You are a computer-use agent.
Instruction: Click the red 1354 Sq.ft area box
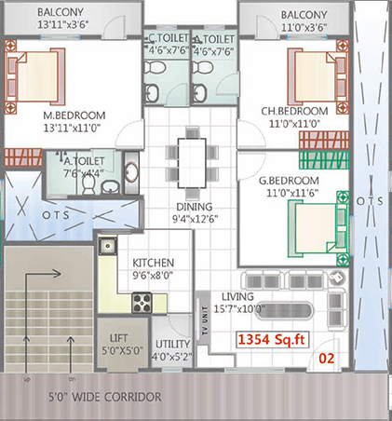pos(273,340)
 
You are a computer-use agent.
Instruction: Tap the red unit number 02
pos(327,359)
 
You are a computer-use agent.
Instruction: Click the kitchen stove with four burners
pos(142,303)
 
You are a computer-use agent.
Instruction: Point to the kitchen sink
pos(108,246)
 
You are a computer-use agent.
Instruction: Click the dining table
pos(192,163)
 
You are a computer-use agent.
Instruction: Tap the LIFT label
pos(118,338)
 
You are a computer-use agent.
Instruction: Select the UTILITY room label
pos(172,344)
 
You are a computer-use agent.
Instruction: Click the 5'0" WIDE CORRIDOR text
pos(105,397)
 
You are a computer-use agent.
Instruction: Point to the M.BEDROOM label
pos(74,115)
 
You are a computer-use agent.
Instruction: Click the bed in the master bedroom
pos(35,76)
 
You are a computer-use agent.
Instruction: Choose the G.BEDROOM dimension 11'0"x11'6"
pos(292,193)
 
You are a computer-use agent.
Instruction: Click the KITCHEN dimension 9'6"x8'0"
pos(153,275)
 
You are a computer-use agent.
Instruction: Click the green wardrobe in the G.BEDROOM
pos(324,160)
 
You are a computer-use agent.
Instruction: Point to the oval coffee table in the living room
pos(283,310)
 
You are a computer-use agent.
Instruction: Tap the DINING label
pos(195,207)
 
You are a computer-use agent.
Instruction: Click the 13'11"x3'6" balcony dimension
pos(63,24)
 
